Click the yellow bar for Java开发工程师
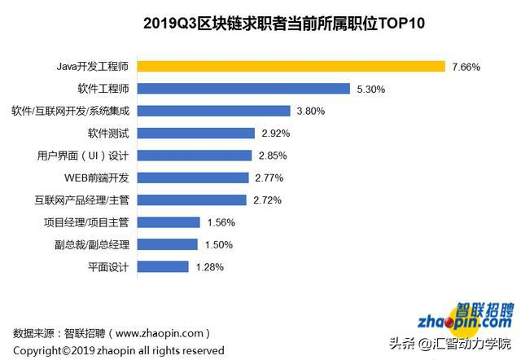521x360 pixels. [291, 66]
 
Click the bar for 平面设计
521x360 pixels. [164, 266]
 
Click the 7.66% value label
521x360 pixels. [466, 66]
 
